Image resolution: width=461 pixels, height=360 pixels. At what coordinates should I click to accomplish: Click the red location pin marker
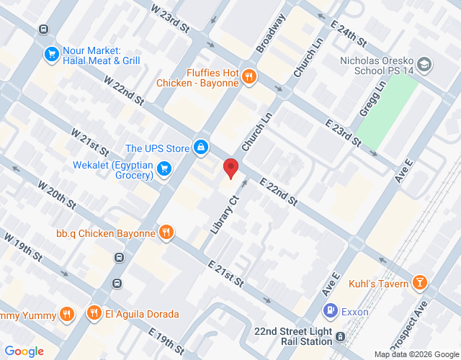tap(230, 168)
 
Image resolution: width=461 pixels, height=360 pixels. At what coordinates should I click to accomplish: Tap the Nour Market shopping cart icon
tap(51, 54)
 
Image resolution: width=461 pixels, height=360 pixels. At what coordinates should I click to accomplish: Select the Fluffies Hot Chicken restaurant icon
tap(249, 76)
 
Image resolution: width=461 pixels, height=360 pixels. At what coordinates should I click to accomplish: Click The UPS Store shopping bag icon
tap(201, 148)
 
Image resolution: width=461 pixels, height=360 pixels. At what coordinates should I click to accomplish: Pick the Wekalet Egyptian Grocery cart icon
tap(164, 169)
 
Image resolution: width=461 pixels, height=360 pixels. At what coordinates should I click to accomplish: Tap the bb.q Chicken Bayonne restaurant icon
tap(166, 233)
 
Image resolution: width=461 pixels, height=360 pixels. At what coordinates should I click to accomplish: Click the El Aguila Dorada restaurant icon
tap(94, 313)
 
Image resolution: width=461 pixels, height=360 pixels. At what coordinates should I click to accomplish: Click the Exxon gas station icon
tap(330, 312)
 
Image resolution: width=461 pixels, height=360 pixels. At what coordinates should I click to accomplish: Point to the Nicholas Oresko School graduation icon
tap(424, 66)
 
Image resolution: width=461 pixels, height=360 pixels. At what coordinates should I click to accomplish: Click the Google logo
tap(24, 351)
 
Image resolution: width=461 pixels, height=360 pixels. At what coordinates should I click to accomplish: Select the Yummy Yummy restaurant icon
tap(67, 313)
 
